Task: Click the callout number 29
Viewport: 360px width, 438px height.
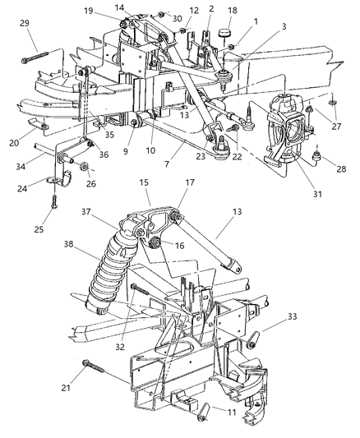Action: [x=25, y=23]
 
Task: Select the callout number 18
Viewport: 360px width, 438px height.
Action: [x=233, y=11]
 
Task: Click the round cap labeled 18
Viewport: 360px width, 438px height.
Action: [x=225, y=34]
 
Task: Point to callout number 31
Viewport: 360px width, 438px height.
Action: [x=317, y=194]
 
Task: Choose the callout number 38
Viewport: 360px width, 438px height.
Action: [x=69, y=244]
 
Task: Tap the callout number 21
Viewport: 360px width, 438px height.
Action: [x=66, y=388]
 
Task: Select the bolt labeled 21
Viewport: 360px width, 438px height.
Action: [x=93, y=367]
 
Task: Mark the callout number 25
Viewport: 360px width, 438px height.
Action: [x=39, y=229]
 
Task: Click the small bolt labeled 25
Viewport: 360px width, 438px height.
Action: [x=54, y=201]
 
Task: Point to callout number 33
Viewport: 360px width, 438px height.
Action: [x=292, y=316]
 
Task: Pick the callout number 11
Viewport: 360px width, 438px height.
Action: [x=232, y=412]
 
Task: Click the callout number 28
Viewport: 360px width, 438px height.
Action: [x=341, y=168]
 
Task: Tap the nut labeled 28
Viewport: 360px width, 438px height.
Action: [x=316, y=156]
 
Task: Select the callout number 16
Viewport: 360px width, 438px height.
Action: [x=179, y=245]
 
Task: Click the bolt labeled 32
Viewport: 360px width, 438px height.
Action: [x=140, y=289]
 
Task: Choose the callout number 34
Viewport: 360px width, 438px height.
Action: [x=21, y=167]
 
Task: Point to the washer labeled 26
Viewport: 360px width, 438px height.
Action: [x=84, y=167]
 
